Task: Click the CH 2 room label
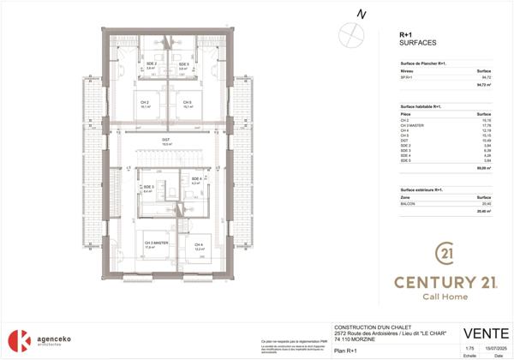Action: point(145,102)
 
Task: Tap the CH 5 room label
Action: point(186,102)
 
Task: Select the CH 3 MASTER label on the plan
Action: point(154,243)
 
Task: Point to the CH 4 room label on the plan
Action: point(199,244)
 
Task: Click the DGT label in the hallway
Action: point(165,141)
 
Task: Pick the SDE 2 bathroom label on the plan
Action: point(151,64)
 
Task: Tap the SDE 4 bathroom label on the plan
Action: point(195,179)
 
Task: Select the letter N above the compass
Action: point(362,15)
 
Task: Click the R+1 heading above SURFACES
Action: point(407,33)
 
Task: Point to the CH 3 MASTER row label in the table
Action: point(412,126)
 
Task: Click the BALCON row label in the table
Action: point(409,204)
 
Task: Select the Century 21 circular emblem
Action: point(445,254)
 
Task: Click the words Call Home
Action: point(445,294)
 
